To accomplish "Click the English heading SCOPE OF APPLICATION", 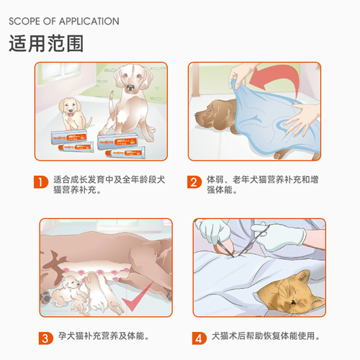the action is pyautogui.click(x=64, y=22).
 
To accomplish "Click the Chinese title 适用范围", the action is pyautogui.click(x=46, y=43).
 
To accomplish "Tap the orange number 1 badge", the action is pyautogui.click(x=41, y=182).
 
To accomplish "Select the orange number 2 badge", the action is pyautogui.click(x=194, y=182).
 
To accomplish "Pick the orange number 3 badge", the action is pyautogui.click(x=46, y=338).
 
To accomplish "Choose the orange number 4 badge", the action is pyautogui.click(x=199, y=338).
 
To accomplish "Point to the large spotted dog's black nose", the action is pyautogui.click(x=130, y=87).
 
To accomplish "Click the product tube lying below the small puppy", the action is pyautogui.click(x=76, y=146).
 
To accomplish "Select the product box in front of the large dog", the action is pyautogui.click(x=117, y=141).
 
